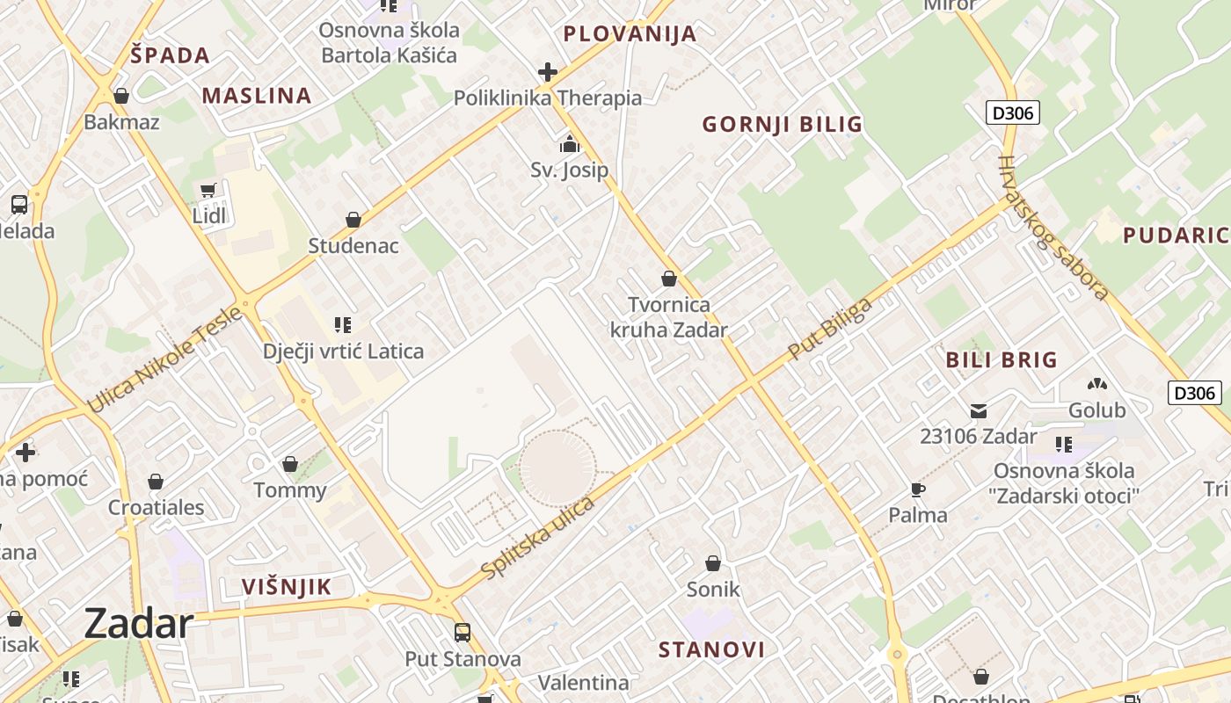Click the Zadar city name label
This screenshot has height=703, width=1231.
point(139,624)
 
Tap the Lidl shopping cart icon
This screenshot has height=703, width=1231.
point(208,190)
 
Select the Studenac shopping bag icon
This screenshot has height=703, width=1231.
point(353,219)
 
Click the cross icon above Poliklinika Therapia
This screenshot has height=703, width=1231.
point(548,71)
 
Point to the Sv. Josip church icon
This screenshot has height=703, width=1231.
point(570,143)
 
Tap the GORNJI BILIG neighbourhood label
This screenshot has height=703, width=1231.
point(782,125)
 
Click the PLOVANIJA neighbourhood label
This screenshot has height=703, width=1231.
point(630,34)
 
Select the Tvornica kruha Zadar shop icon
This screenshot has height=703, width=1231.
point(669,279)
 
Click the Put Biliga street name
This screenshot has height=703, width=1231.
point(830,329)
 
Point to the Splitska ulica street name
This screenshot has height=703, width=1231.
point(538,538)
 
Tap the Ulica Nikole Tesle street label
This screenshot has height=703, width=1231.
point(164,359)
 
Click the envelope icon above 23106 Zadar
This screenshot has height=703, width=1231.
point(979,410)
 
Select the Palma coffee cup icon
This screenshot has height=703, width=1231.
point(918,489)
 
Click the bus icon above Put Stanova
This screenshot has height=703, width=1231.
point(463,632)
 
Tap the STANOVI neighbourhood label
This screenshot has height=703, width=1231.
point(711,650)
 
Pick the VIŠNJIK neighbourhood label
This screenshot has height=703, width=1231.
point(287,587)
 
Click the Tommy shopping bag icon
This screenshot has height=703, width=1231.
point(290,463)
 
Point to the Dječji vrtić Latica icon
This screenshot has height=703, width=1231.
point(343,325)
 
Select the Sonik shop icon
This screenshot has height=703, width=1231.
point(713,562)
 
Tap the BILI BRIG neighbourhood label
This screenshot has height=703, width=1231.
point(1002,359)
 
